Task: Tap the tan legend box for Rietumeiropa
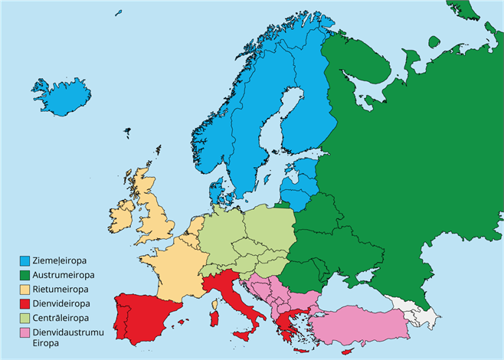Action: click(25, 290)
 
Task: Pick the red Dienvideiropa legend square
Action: click(25, 304)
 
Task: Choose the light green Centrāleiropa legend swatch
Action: click(25, 318)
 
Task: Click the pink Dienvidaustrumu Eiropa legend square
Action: click(25, 333)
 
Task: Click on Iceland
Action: click(61, 95)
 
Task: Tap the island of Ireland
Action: click(123, 218)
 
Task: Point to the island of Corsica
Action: click(216, 296)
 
